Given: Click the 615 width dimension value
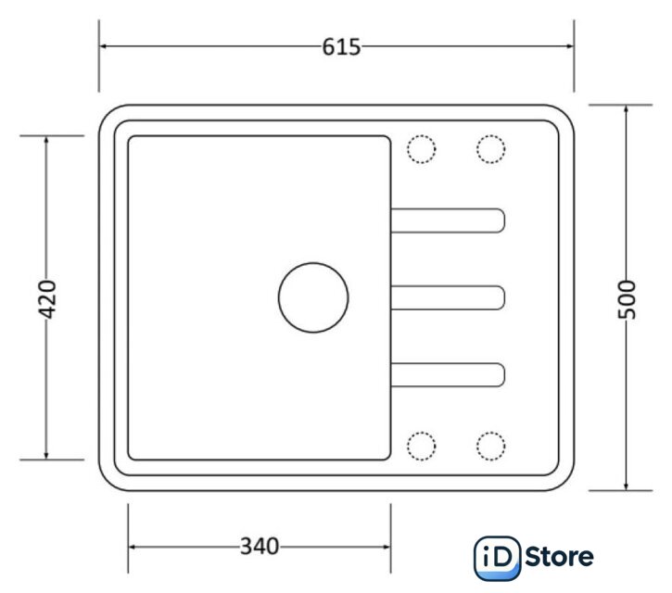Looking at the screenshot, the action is tap(341, 46).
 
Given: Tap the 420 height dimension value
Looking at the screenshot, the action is tap(47, 299).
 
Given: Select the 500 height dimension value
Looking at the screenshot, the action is tap(627, 299).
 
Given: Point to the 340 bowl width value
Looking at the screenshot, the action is tap(260, 547).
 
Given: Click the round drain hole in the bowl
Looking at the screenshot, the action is tap(313, 297).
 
